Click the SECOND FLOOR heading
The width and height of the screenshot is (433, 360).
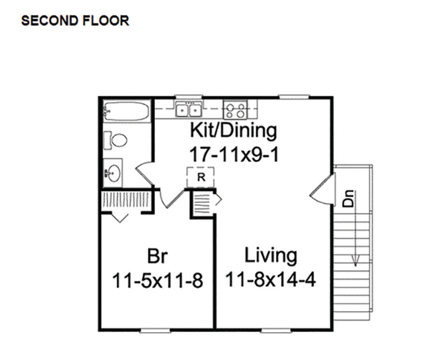coord(75,21)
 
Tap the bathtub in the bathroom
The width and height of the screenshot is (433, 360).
coord(127,111)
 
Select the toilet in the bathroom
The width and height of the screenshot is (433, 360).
coord(115,140)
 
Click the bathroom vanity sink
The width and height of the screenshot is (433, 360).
coord(113,172)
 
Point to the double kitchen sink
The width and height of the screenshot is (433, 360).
coord(188,110)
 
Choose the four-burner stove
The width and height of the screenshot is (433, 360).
coord(235,110)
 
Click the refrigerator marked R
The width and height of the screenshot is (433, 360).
coord(201,177)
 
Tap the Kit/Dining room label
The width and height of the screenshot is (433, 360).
coord(233,130)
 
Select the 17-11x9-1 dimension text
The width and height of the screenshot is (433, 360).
coord(234,154)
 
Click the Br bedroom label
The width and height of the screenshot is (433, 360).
coord(157,256)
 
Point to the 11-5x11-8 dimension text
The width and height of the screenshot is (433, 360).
coord(158,280)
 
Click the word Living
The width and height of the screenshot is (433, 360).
coord(271,256)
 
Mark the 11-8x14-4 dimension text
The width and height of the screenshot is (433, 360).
coord(271,279)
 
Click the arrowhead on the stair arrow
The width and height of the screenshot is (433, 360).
coord(356,261)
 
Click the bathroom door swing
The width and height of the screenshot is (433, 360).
coord(144,173)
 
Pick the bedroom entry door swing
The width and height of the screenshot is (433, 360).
coord(171,199)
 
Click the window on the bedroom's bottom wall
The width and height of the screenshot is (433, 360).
coord(155,330)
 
